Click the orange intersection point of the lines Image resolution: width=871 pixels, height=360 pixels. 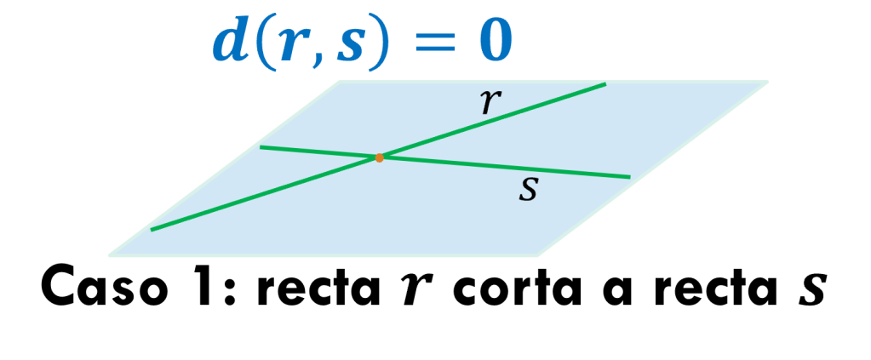[x=379, y=157]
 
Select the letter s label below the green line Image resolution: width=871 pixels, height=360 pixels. [x=528, y=190]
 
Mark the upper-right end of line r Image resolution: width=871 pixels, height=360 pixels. [x=605, y=83]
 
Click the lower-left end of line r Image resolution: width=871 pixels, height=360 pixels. [x=152, y=230]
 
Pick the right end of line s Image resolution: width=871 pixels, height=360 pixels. [x=629, y=177]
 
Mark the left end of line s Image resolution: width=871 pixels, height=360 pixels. [x=261, y=147]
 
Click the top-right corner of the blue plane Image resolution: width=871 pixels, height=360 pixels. [x=767, y=82]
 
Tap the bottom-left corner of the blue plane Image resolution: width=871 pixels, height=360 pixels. [x=109, y=254]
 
